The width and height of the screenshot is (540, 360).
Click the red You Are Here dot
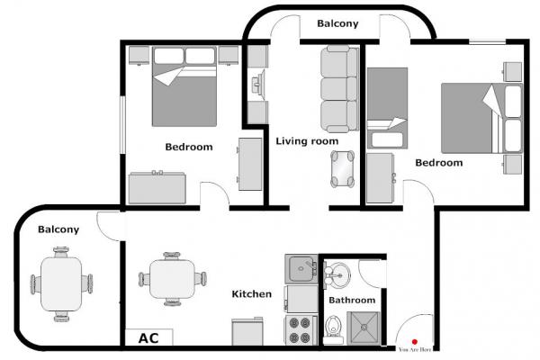415,342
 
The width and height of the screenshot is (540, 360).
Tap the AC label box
148,337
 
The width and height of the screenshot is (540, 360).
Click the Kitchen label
252,294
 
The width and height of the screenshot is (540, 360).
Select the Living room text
307,141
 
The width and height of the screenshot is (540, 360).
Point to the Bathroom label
352,300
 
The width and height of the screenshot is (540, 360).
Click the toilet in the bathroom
333,329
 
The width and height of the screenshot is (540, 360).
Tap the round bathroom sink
337,274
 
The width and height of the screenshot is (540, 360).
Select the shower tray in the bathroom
364,328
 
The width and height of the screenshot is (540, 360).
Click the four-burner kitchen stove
301,330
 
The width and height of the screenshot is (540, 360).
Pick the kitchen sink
301,269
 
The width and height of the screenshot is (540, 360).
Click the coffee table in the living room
342,169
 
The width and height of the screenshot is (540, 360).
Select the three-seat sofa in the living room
339,89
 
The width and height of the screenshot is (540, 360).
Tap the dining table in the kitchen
173,279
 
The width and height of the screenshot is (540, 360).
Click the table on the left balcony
61,284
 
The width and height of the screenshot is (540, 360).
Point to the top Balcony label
337,23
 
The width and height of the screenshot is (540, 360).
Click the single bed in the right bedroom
387,108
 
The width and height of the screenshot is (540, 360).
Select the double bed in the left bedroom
184,86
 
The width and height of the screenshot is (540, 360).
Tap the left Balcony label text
58,229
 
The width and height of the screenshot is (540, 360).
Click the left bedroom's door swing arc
221,188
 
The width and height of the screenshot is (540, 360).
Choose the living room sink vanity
258,85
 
